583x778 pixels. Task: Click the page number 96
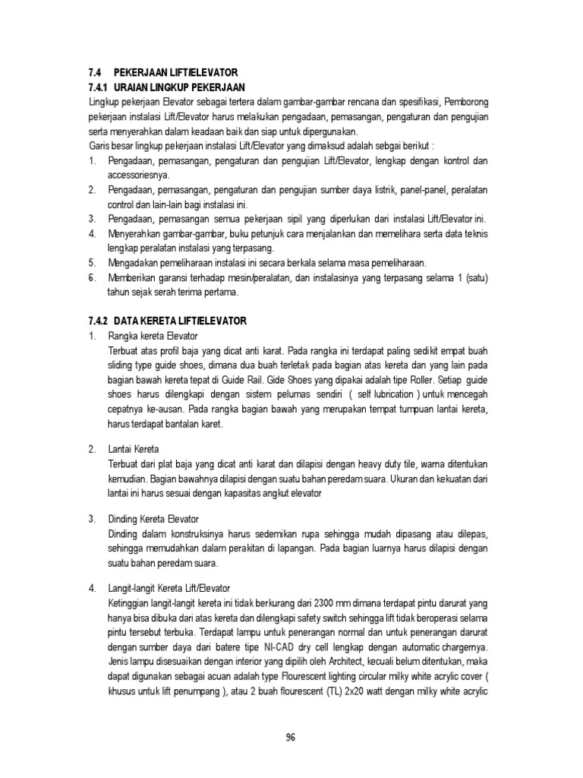coord(291,737)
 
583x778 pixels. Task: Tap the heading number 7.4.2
coord(99,321)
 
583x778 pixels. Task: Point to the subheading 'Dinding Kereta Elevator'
coord(154,519)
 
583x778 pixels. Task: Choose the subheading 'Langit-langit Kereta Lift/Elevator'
coord(175,589)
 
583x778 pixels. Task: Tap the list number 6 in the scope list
coord(92,277)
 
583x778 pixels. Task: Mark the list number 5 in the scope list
coord(92,263)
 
